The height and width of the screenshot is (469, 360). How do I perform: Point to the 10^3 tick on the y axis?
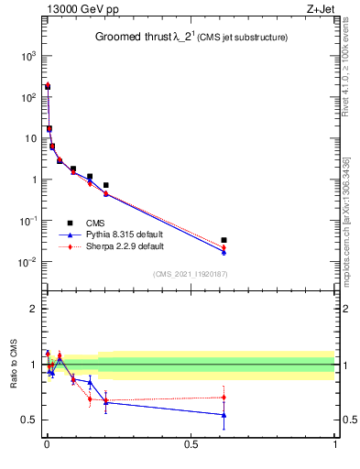(27, 56)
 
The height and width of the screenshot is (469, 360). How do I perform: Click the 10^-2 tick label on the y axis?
(27, 262)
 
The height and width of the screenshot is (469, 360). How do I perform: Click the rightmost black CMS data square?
(224, 240)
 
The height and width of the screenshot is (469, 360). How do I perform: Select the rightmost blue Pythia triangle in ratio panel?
(224, 415)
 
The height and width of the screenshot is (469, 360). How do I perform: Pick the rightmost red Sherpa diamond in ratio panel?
(224, 398)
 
